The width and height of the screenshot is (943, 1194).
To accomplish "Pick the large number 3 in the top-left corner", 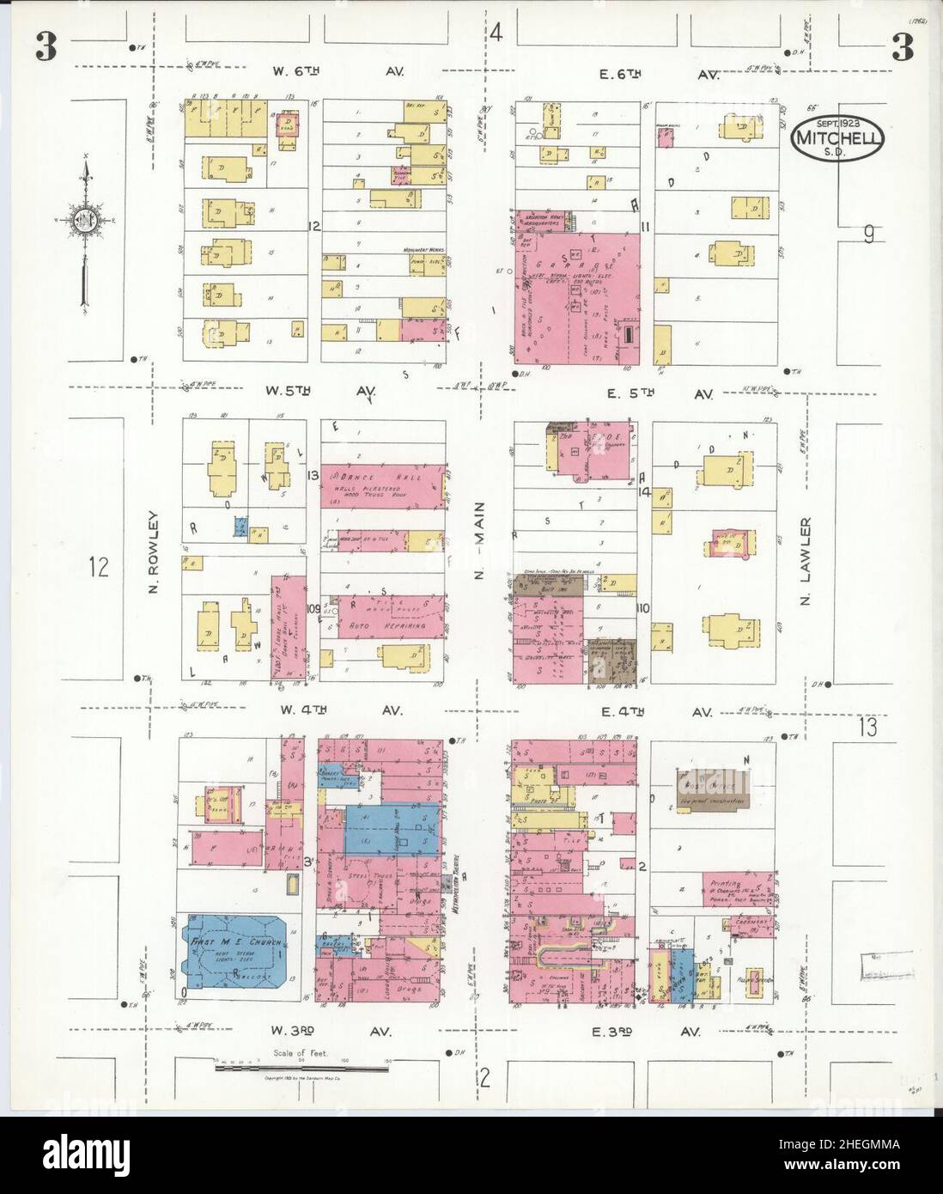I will pyautogui.click(x=46, y=48).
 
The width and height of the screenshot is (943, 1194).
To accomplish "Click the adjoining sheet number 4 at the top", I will pyautogui.click(x=496, y=34).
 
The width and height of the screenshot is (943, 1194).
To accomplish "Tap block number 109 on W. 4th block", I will pyautogui.click(x=313, y=608).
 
